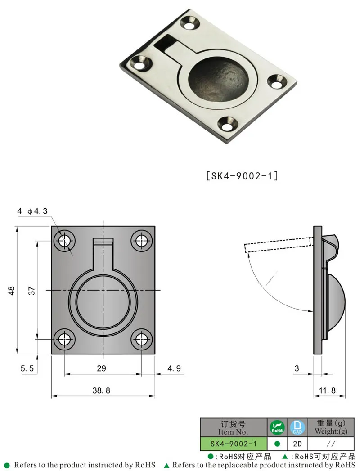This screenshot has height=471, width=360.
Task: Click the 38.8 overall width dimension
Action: (x=101, y=391)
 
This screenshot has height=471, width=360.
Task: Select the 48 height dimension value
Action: (x=12, y=291)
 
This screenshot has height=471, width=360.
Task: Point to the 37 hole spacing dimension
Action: (x=31, y=291)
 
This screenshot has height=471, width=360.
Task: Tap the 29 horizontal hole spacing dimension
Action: (x=101, y=368)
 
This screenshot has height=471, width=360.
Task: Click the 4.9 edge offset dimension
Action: (x=174, y=368)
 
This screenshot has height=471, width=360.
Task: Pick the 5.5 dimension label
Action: (x=27, y=368)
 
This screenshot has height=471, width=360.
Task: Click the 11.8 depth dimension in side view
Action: (x=327, y=391)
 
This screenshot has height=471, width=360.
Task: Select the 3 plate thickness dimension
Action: (x=297, y=368)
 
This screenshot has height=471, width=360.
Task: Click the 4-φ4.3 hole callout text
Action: (x=32, y=211)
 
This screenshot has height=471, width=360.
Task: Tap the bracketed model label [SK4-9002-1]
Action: (x=242, y=176)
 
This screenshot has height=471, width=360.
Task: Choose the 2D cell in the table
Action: (x=297, y=444)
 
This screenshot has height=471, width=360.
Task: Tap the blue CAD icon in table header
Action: (x=297, y=427)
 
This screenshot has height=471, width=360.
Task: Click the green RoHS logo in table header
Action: (x=277, y=427)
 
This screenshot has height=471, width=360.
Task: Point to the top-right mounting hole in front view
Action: (x=142, y=241)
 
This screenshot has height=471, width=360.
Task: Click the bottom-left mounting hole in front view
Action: (x=64, y=339)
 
